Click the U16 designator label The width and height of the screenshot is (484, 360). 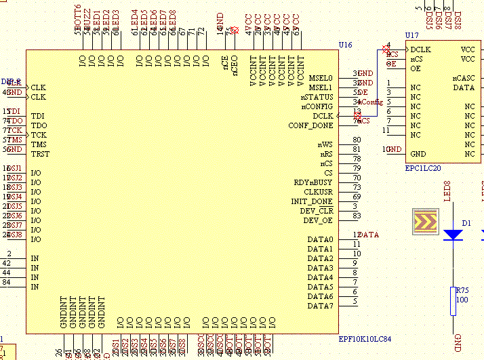click(x=345, y=45)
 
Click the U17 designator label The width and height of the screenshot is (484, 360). click(x=411, y=35)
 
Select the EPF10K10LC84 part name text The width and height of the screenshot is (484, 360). click(x=365, y=339)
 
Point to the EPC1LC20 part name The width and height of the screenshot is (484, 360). click(x=422, y=167)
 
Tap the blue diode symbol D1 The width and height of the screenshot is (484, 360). click(x=453, y=234)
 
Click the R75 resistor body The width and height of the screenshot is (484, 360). click(x=453, y=301)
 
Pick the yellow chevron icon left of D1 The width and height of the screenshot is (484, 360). click(x=426, y=222)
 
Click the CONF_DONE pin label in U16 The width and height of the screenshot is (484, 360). click(x=310, y=125)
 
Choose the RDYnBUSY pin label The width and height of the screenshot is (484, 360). click(x=313, y=182)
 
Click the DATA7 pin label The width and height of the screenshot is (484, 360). click(x=320, y=306)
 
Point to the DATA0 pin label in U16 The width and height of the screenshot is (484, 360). click(x=320, y=240)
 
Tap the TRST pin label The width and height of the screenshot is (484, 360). click(x=41, y=154)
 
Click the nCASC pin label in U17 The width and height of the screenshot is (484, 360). click(x=464, y=78)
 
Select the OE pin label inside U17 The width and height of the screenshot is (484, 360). click(x=416, y=68)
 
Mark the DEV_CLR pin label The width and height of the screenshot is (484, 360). click(x=317, y=211)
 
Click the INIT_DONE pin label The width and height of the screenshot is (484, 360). click(x=312, y=201)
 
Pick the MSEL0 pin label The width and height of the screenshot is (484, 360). click(x=320, y=78)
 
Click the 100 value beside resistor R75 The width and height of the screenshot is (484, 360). click(x=462, y=299)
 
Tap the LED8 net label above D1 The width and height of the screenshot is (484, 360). click(x=447, y=191)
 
